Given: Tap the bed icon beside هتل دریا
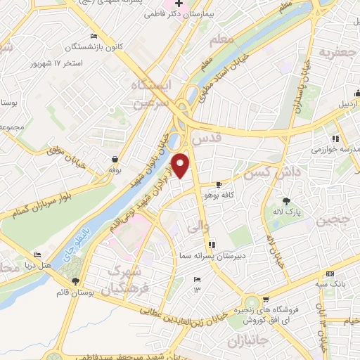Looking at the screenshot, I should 37,255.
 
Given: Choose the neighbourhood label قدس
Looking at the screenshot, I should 209,138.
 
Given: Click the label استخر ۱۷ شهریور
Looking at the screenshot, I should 72,63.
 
